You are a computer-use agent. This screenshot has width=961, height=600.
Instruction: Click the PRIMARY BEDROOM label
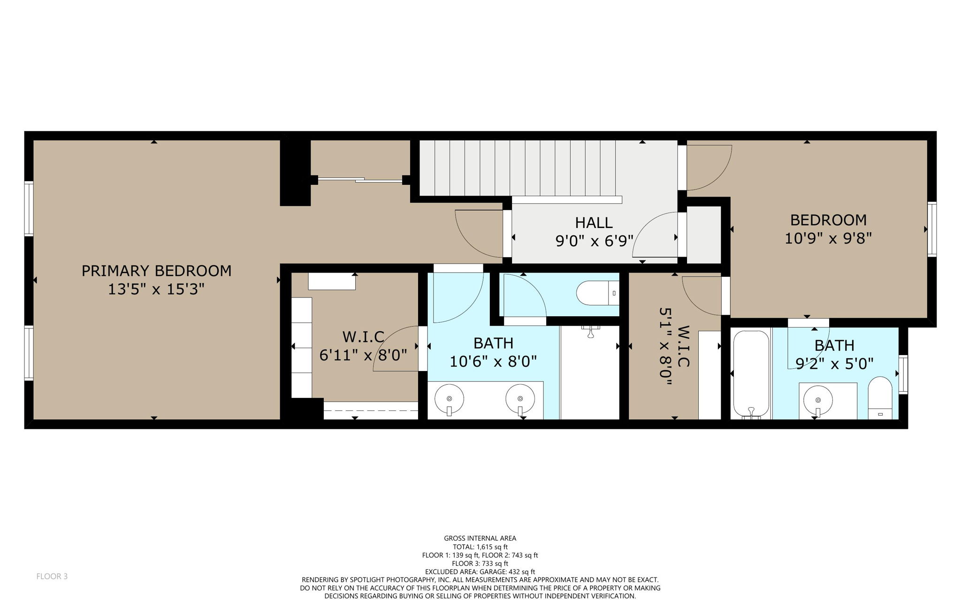coord(156,271)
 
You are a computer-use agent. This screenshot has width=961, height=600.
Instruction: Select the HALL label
coord(594,222)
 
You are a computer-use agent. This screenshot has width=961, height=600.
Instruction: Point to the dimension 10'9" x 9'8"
coord(828,238)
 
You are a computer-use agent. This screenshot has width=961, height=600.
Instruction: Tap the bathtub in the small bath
coord(751,374)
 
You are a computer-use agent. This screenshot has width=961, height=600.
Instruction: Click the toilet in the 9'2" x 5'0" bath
coord(880,398)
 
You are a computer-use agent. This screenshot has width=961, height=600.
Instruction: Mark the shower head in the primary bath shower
coord(591,331)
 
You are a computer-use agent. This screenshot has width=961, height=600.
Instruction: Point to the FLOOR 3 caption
coord(52,576)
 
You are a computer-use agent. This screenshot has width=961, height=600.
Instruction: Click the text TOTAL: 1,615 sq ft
coord(480,547)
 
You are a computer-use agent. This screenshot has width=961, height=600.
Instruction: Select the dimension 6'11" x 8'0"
coord(363,355)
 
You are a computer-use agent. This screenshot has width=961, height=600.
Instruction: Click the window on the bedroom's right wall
coord(931,229)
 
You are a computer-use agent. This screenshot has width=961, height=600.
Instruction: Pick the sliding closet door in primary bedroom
coord(360,180)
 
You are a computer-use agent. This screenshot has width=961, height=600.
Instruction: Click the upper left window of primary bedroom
coord(29,208)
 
